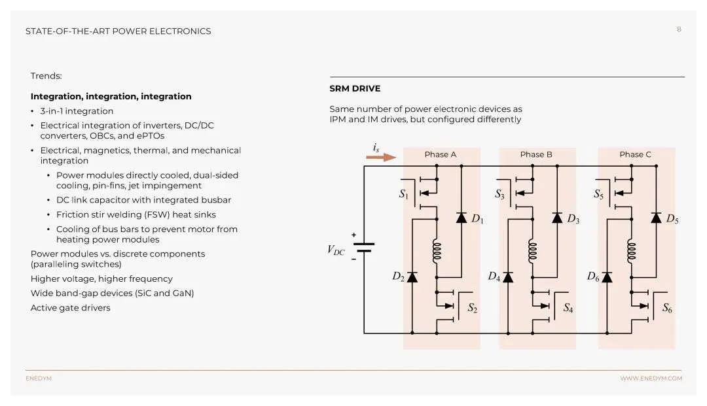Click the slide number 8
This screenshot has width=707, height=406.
point(679,29)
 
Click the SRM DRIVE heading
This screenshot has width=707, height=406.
point(354,89)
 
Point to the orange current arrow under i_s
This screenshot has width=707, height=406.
point(382,157)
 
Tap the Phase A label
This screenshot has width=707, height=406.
point(441,155)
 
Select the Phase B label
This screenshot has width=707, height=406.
point(536,155)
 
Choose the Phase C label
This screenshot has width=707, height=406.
point(635,155)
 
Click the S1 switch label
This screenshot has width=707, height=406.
point(403,194)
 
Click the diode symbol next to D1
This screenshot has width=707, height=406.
point(461,218)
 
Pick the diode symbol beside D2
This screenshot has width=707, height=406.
point(412,277)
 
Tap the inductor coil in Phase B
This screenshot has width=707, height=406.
point(533,251)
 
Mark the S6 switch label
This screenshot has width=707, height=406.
point(666,308)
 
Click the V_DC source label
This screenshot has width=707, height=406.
point(336,250)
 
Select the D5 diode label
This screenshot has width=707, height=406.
point(672,220)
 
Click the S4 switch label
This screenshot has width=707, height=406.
point(568,308)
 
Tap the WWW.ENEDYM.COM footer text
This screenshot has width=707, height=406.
point(651,379)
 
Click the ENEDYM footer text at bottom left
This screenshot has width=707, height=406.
point(39,379)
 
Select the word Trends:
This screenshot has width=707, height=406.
point(46,76)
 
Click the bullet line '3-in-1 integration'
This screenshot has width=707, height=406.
point(77,111)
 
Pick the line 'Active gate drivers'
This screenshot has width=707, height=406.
point(70,308)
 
